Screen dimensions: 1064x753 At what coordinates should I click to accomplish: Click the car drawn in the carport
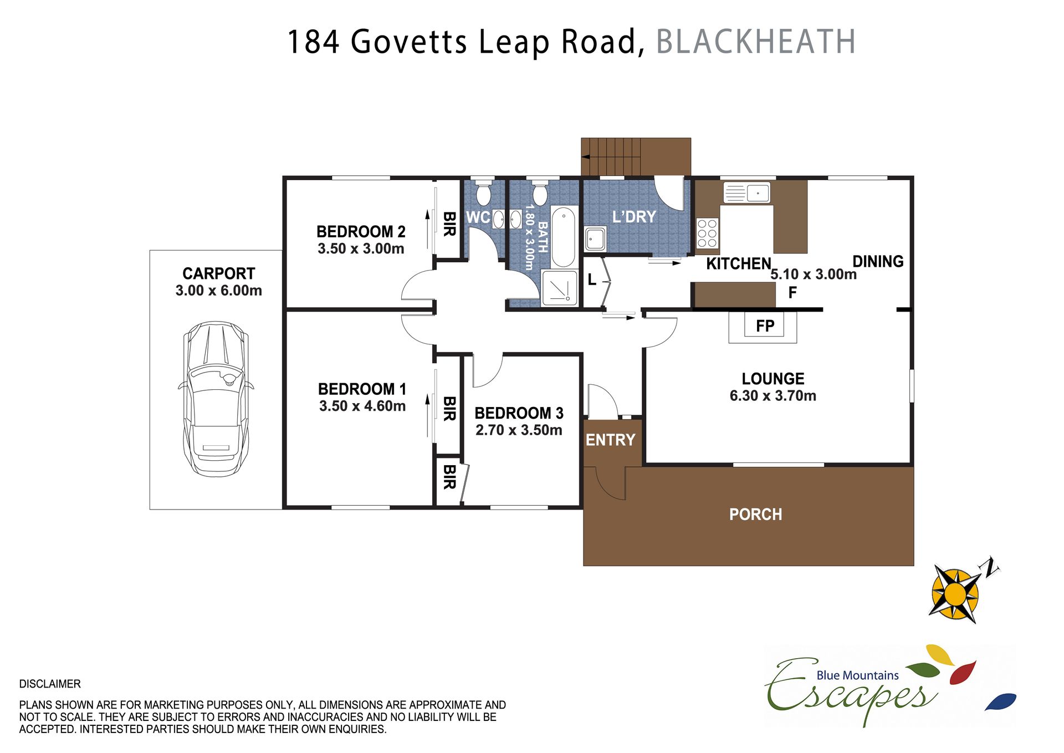click(216, 399)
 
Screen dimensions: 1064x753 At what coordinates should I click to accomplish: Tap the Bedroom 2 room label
click(361, 231)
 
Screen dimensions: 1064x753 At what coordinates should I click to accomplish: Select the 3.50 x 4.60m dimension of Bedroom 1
click(362, 406)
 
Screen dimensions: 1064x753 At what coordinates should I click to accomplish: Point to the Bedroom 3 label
click(519, 413)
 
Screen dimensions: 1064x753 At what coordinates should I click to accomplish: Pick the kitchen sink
click(746, 193)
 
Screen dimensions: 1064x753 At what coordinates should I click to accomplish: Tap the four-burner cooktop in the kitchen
click(707, 233)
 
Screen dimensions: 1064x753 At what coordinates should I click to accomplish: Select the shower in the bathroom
click(560, 288)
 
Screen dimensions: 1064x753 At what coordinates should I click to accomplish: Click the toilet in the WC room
click(484, 192)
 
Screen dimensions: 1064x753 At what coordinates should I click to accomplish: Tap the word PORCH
click(755, 515)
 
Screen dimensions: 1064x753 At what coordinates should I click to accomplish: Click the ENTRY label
click(611, 440)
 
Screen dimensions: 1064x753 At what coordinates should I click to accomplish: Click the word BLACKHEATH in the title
click(756, 42)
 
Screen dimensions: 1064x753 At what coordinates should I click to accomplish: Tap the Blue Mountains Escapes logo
click(890, 686)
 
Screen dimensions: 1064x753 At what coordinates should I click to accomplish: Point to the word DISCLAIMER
click(50, 684)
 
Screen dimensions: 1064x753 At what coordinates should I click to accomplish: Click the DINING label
click(878, 261)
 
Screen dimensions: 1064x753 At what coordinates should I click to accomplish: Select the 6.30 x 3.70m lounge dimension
click(773, 396)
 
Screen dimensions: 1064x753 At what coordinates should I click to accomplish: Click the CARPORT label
click(219, 273)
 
